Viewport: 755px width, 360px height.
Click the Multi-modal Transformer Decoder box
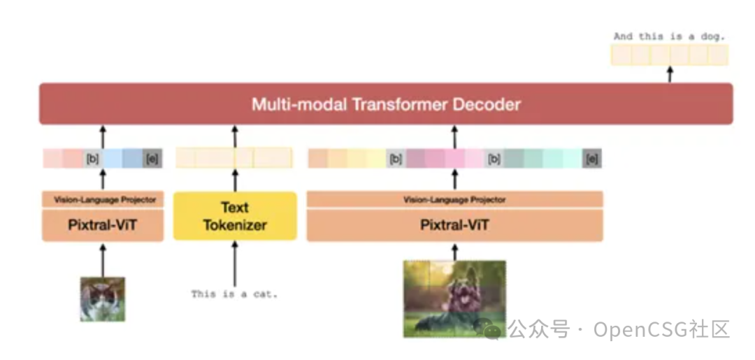pos(386,104)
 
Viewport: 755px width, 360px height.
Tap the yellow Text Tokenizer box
pos(235,216)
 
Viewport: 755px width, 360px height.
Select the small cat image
pos(103,299)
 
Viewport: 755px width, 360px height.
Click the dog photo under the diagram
pos(454,298)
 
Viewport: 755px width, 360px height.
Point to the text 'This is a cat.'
pos(235,294)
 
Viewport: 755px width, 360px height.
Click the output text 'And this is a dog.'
pos(669,36)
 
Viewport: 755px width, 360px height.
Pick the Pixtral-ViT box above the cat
pos(103,225)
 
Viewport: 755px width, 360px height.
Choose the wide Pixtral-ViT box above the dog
pos(454,225)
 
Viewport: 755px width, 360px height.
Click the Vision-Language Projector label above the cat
pos(103,200)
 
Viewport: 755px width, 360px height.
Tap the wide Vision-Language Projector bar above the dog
pos(454,200)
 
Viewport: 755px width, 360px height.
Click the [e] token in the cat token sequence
pos(152,159)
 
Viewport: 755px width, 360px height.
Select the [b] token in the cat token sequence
pos(93,159)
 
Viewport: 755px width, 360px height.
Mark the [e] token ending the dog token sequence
pos(592,159)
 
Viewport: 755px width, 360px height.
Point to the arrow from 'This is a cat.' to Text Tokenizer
pos(235,262)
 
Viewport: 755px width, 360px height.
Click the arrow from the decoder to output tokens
pos(670,74)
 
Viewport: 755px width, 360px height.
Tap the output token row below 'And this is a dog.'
pos(669,55)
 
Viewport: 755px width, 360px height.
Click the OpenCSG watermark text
pos(619,329)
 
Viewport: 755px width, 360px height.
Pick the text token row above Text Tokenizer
pos(233,158)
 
